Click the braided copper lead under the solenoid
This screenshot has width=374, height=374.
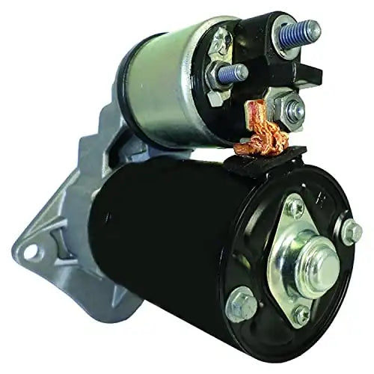tap(262, 138)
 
